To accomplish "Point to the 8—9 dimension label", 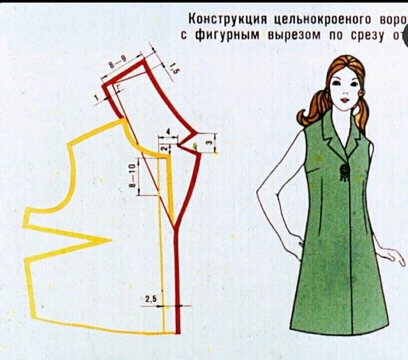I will pos(117,62).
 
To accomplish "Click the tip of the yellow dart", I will pos(110,241).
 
